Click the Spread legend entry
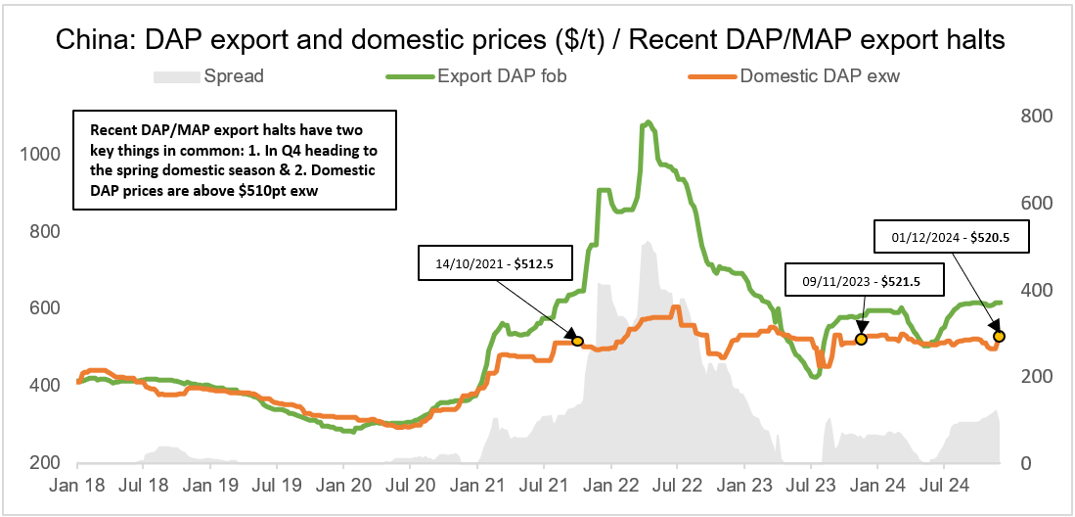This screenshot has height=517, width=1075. (233, 74)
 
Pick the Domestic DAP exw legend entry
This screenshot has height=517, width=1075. (820, 74)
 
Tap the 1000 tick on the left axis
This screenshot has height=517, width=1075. (40, 155)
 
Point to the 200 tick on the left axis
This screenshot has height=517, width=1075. (45, 463)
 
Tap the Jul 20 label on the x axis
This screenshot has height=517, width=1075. (411, 485)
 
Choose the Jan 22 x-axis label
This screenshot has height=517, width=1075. (610, 485)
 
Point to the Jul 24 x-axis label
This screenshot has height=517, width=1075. (945, 485)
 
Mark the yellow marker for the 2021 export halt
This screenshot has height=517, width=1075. (577, 341)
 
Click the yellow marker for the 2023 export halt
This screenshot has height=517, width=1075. (861, 339)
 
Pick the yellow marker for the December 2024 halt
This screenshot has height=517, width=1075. (999, 336)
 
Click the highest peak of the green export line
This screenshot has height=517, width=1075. (647, 122)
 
